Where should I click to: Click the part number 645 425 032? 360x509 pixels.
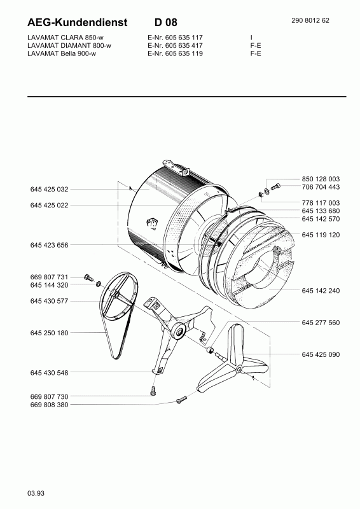pyautogui.click(x=50, y=189)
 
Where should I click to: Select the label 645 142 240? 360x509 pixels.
pyautogui.click(x=321, y=291)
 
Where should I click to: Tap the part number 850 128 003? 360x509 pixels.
pyautogui.click(x=321, y=179)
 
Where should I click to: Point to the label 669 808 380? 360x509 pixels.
pyautogui.click(x=50, y=405)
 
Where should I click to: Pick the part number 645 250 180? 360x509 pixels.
pyautogui.click(x=50, y=333)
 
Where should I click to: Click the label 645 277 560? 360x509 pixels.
pyautogui.click(x=321, y=323)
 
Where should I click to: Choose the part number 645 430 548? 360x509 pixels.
pyautogui.click(x=50, y=373)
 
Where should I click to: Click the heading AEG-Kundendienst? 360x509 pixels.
pyautogui.click(x=78, y=22)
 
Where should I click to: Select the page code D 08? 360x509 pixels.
pyautogui.click(x=166, y=22)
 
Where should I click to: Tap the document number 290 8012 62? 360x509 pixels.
pyautogui.click(x=310, y=20)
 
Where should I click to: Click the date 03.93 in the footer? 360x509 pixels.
pyautogui.click(x=36, y=494)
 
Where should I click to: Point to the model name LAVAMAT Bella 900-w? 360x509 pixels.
pyautogui.click(x=62, y=53)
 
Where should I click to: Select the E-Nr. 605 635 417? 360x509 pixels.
pyautogui.click(x=175, y=45)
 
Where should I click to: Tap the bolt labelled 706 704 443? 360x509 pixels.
pyautogui.click(x=275, y=187)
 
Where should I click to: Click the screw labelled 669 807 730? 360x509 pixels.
pyautogui.click(x=153, y=391)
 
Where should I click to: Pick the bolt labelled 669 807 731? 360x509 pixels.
pyautogui.click(x=88, y=277)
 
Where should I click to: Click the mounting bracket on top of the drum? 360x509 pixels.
pyautogui.click(x=177, y=167)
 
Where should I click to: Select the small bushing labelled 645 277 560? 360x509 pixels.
pyautogui.click(x=211, y=349)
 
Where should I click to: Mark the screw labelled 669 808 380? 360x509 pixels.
pyautogui.click(x=182, y=399)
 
